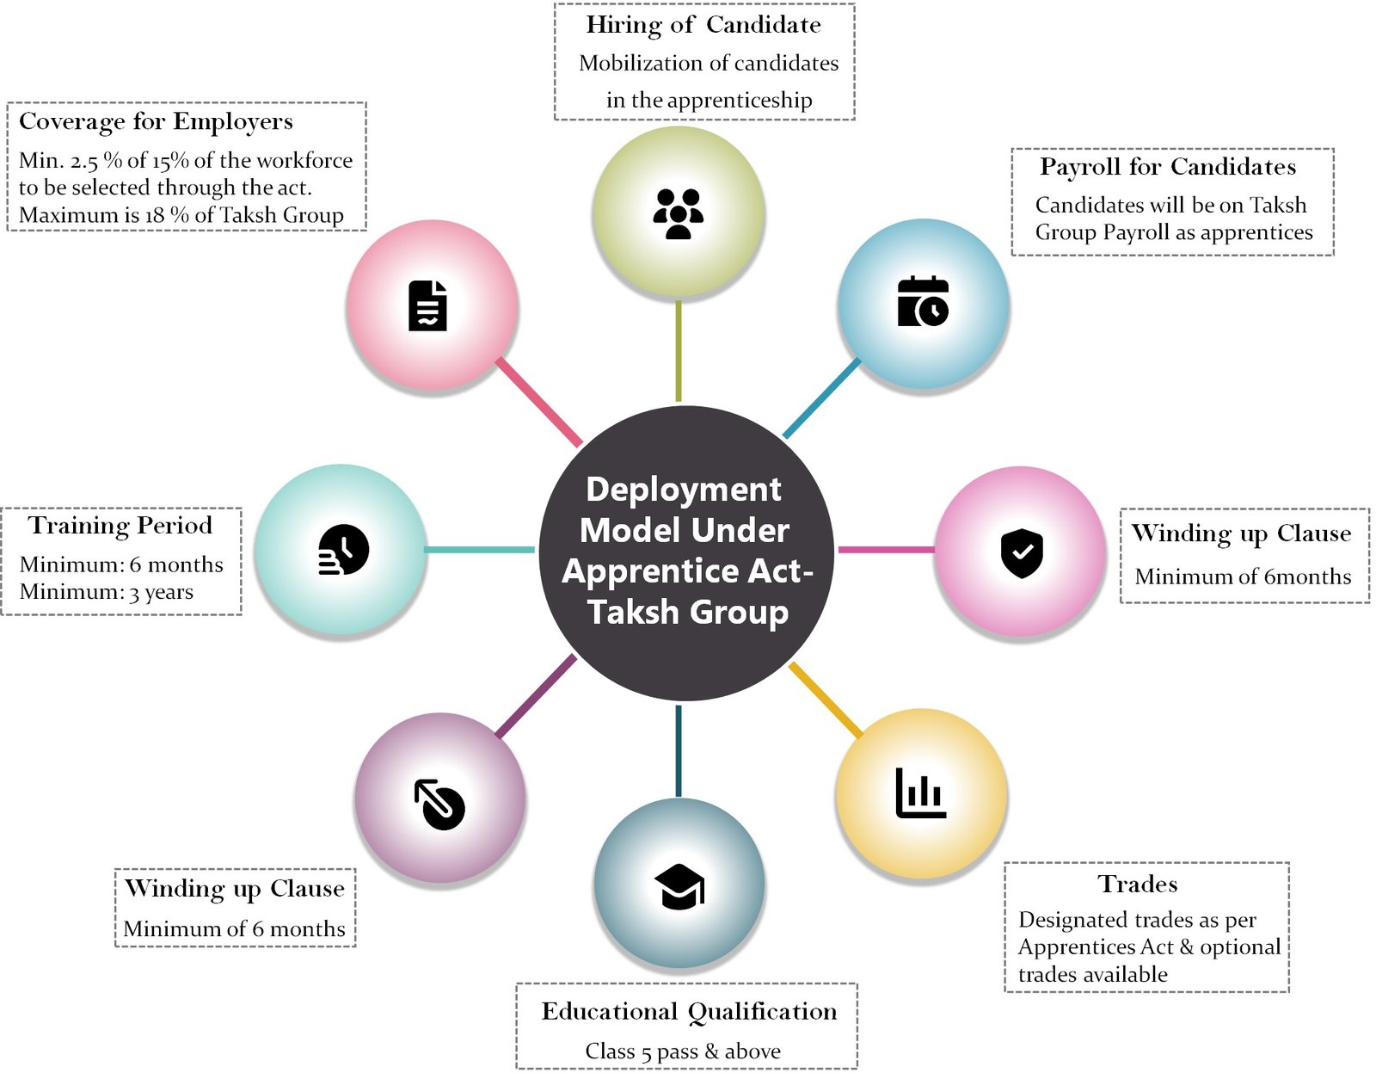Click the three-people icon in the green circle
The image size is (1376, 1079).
678,213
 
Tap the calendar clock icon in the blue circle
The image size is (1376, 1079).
923,302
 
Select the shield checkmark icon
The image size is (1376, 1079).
1021,552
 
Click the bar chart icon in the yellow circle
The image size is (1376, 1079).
920,792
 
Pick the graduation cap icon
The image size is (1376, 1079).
679,885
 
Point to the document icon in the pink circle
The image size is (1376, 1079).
427,305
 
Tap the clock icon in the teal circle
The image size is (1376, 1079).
343,549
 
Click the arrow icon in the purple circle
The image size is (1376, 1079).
439,804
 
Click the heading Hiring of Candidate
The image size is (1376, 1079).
703,25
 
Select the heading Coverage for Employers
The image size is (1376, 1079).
156,121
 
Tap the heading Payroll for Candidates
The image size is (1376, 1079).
1168,166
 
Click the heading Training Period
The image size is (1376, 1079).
120,525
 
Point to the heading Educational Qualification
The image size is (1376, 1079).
689,1011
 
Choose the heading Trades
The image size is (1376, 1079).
1138,884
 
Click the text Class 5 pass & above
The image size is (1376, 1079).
683,1051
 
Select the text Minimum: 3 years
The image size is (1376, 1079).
107,592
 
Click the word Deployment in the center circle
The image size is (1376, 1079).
684,489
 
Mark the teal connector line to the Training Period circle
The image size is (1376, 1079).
480,549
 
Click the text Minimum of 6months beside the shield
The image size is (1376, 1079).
1243,576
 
